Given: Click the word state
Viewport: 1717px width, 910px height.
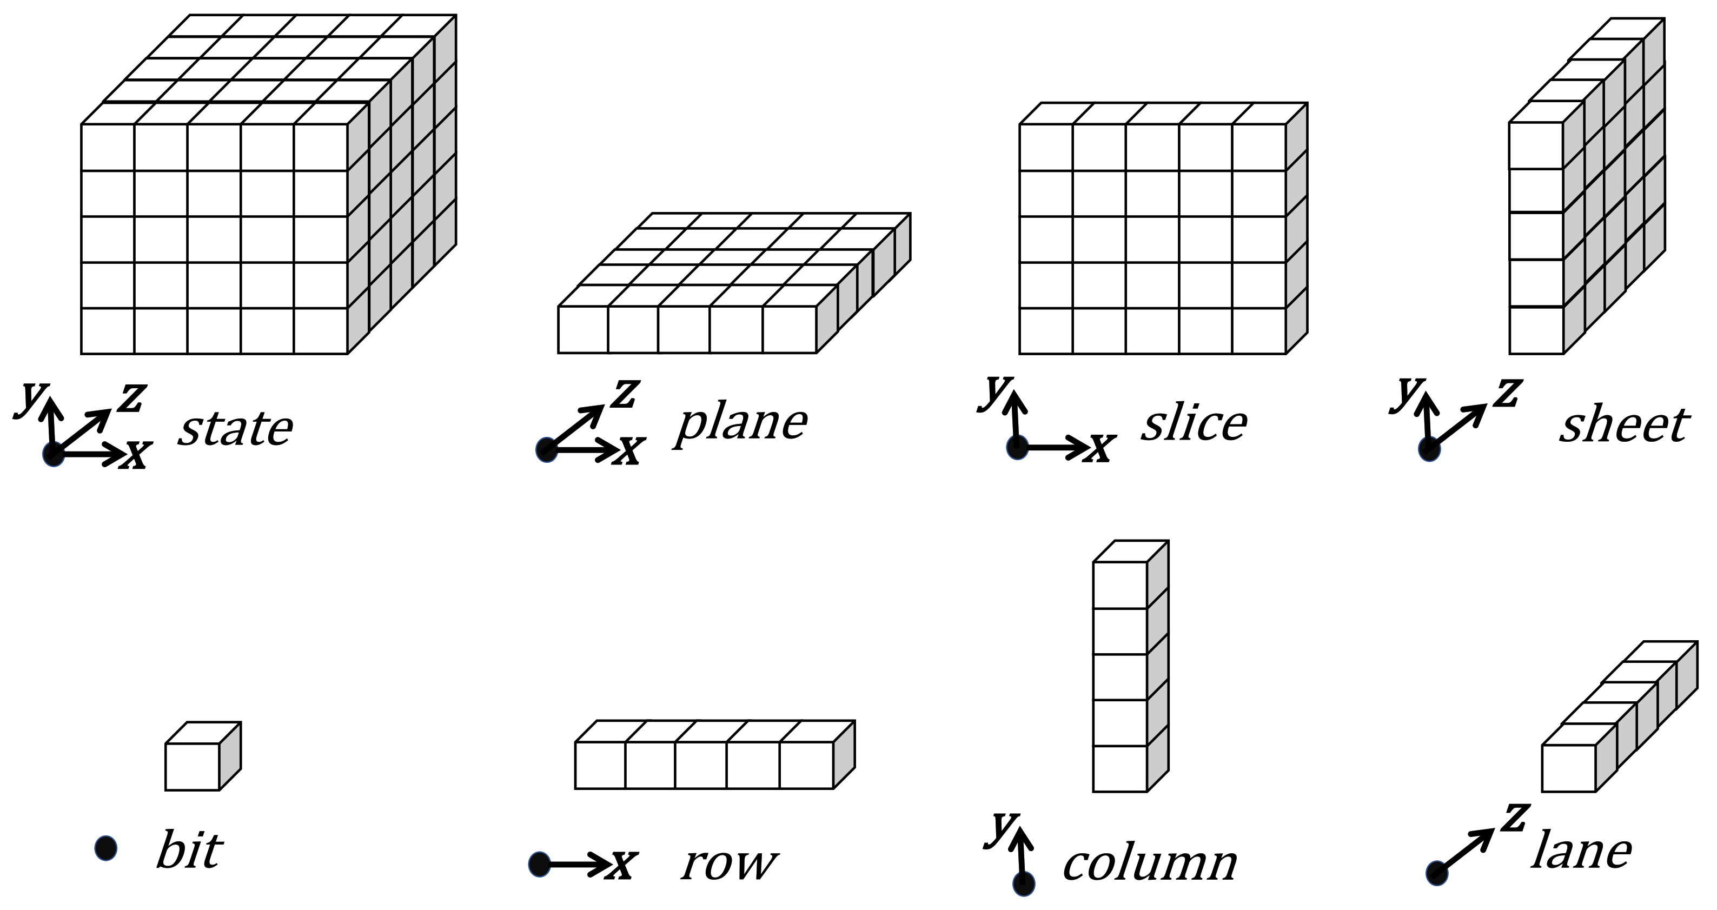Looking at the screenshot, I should (x=235, y=429).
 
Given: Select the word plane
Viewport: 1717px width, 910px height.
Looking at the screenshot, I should (x=741, y=424).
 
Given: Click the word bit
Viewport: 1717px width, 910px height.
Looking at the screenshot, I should (x=189, y=851).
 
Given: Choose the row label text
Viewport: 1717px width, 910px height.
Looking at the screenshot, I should (x=729, y=864).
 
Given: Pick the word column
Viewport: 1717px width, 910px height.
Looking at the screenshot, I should (x=1150, y=865).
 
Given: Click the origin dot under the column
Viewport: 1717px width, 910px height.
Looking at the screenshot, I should (x=1024, y=884).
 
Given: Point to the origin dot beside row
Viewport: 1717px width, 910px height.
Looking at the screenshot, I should (x=539, y=864).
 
